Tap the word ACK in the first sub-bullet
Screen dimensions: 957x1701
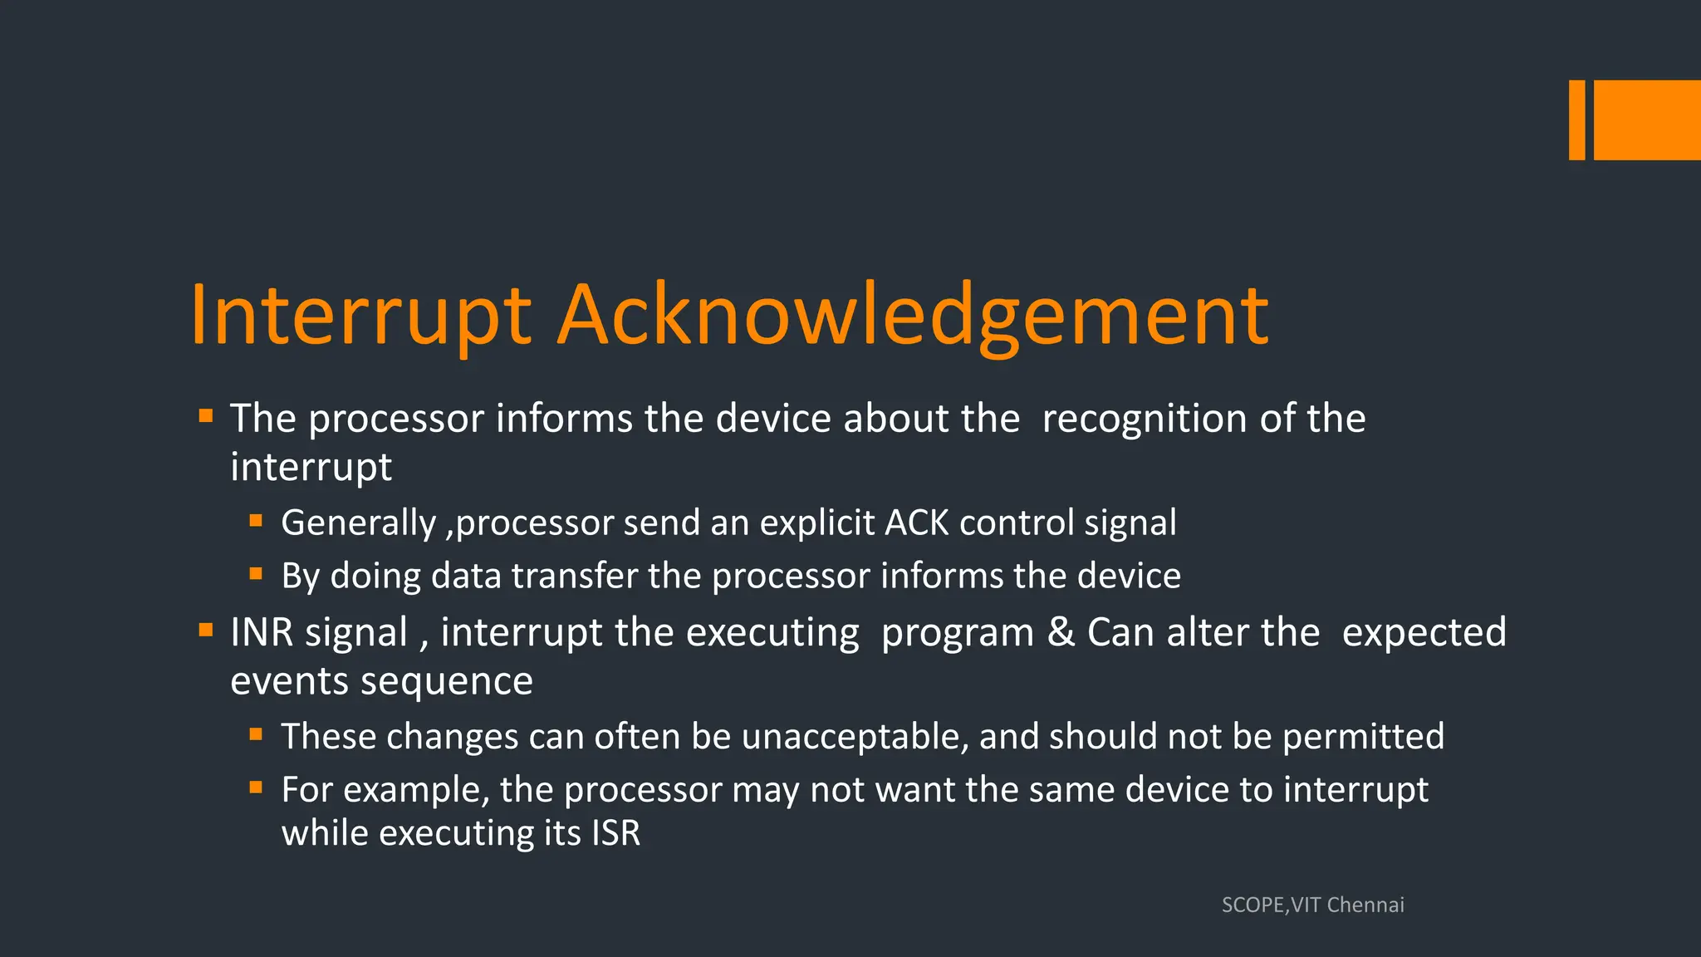(917, 523)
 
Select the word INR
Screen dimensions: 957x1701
(262, 633)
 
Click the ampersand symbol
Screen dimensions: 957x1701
(1061, 633)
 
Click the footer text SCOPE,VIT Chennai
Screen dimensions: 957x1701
(1312, 905)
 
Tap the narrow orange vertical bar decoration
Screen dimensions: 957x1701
(1576, 120)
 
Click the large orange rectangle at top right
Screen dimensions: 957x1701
(1647, 120)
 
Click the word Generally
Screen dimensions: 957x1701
(358, 523)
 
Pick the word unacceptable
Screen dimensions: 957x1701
(855, 737)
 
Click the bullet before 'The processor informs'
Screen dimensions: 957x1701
(206, 415)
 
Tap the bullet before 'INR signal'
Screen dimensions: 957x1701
(206, 630)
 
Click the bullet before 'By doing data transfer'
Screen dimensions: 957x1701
(256, 573)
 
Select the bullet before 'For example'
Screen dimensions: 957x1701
(256, 787)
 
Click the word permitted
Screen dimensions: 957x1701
(1363, 737)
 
